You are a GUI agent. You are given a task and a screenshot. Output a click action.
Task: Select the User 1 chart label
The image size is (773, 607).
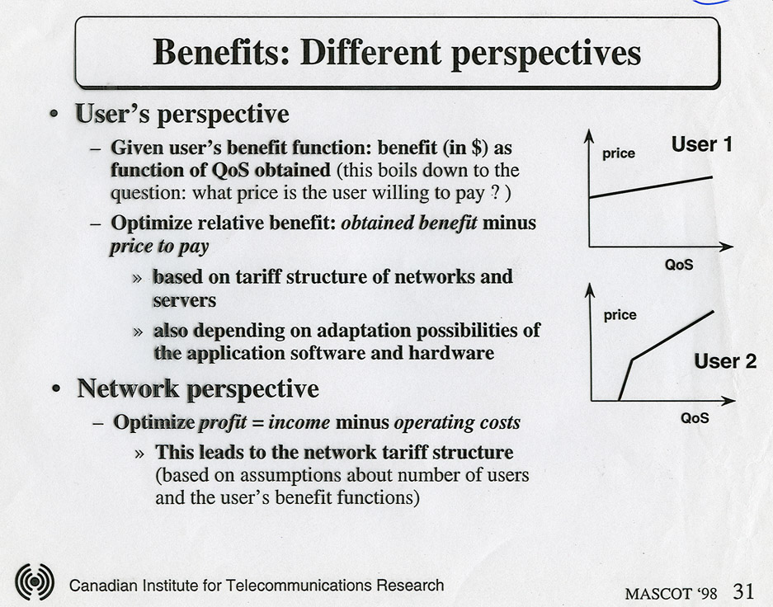(x=701, y=144)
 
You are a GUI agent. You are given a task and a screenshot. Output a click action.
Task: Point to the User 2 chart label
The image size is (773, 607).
(x=725, y=361)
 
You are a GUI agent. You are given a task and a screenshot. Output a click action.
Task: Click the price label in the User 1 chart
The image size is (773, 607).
(x=619, y=153)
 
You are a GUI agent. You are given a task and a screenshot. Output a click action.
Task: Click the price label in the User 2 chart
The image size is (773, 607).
(x=620, y=315)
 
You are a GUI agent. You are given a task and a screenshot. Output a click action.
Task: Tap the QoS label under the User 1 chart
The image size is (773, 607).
(x=679, y=265)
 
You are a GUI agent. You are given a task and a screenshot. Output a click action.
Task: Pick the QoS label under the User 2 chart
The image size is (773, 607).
(x=695, y=418)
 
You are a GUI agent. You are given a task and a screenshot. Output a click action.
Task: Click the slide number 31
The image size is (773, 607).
(x=744, y=591)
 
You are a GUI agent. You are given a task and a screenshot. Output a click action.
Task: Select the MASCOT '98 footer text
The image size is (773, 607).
(x=671, y=593)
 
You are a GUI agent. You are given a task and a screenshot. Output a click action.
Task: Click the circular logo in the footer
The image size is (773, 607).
(x=35, y=582)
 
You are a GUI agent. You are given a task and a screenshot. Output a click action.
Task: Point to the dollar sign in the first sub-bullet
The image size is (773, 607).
(x=476, y=148)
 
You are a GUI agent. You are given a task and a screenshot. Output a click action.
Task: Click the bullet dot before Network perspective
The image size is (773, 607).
(x=56, y=389)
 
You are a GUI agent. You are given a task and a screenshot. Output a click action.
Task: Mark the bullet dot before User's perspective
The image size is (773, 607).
(x=54, y=115)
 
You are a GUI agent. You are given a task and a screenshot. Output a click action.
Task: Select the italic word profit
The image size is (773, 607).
(x=223, y=423)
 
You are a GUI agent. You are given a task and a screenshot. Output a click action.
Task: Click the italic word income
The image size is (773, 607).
(x=299, y=423)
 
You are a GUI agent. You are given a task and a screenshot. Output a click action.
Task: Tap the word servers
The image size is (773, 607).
(x=184, y=300)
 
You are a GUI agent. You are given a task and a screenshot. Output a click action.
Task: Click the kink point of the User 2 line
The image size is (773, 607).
(x=633, y=360)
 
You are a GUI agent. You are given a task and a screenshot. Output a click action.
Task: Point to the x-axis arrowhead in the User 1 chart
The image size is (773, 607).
(x=727, y=247)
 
